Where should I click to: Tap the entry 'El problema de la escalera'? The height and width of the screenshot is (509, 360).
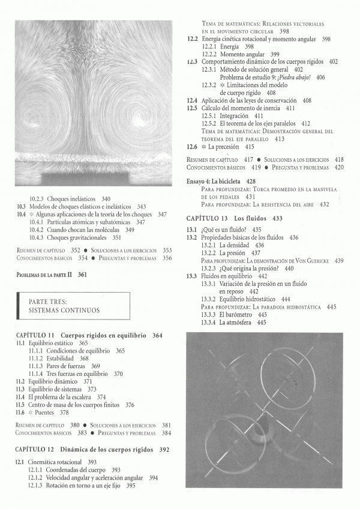click(67, 396)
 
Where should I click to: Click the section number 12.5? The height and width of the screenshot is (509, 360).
click(192, 108)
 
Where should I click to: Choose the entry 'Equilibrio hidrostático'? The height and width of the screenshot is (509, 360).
click(247, 299)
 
